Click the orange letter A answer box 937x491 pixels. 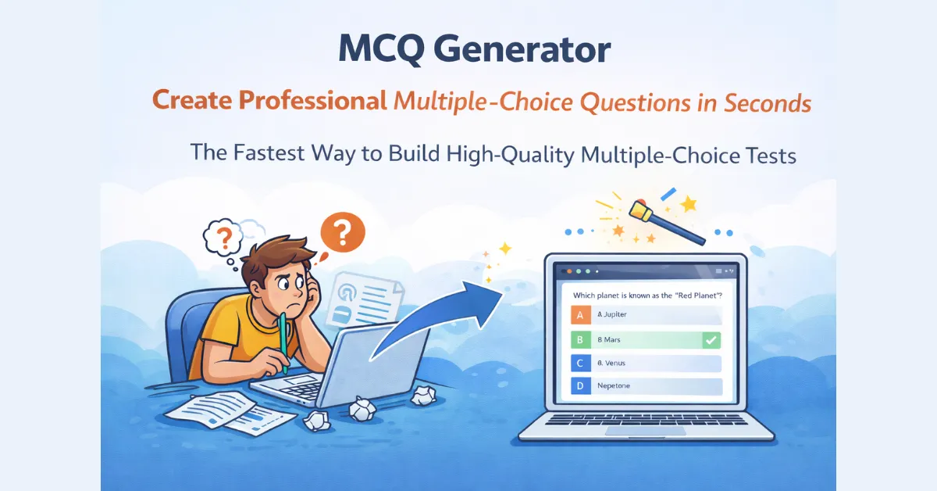[x=579, y=314]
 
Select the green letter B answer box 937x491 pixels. [x=579, y=339]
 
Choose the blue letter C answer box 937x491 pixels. [x=579, y=364]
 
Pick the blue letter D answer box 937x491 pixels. [x=579, y=386]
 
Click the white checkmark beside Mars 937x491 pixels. [x=710, y=339]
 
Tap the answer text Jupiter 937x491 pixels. [x=614, y=314]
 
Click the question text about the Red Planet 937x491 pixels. [x=647, y=295]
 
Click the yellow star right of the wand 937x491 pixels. [x=689, y=205]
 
